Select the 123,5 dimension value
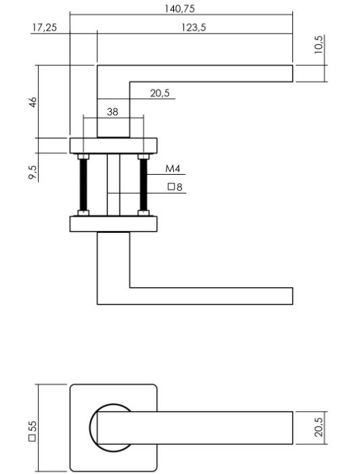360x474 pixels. click(x=195, y=27)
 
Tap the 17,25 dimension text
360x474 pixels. click(x=44, y=27)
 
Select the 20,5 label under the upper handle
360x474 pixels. click(x=160, y=93)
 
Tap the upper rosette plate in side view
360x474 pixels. click(x=113, y=146)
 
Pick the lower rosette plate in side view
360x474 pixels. click(x=113, y=224)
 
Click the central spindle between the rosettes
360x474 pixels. click(x=113, y=185)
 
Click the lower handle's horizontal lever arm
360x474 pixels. click(x=210, y=296)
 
